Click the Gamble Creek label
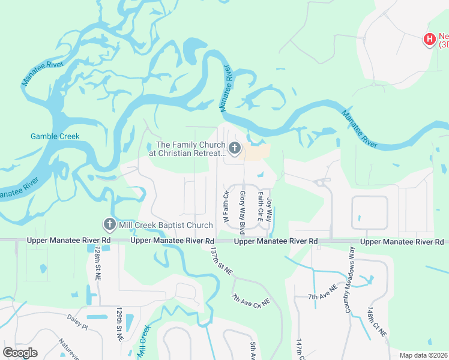coord(55,136)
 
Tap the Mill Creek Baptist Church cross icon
coord(109,224)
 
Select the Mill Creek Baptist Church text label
coord(165,225)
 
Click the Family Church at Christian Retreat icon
coord(234,148)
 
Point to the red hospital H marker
coord(430,40)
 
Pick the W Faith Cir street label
coord(226,207)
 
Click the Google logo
coord(20,353)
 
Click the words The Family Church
coord(190,145)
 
